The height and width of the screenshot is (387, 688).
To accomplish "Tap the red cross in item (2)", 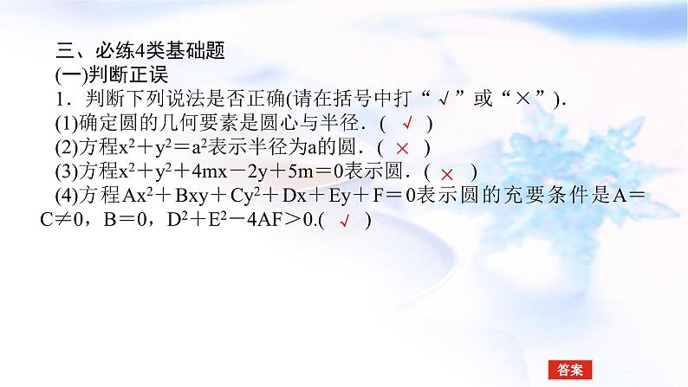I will coord(402,148).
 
